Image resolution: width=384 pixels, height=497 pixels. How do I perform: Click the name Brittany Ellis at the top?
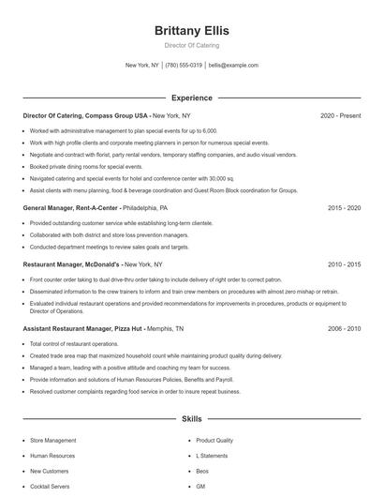[191, 30]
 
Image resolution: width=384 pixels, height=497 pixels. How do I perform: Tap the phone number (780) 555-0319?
[185, 66]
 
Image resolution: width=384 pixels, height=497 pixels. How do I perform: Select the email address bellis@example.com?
[233, 66]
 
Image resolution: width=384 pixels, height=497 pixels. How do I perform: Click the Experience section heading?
[191, 98]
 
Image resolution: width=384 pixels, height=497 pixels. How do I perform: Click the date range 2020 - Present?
[341, 115]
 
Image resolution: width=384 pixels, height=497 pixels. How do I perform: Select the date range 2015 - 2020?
[344, 207]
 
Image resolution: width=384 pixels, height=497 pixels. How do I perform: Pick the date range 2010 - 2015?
[344, 265]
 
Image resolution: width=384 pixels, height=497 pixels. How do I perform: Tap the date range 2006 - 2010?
[344, 329]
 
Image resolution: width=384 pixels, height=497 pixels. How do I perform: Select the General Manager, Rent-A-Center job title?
[70, 207]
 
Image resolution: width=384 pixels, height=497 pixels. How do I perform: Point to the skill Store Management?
[53, 440]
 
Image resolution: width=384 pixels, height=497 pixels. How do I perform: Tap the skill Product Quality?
[214, 440]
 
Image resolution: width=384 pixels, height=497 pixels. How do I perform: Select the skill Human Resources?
[52, 456]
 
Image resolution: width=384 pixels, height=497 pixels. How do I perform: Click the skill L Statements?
[212, 456]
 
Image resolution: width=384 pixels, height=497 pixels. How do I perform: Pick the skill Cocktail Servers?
[51, 487]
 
